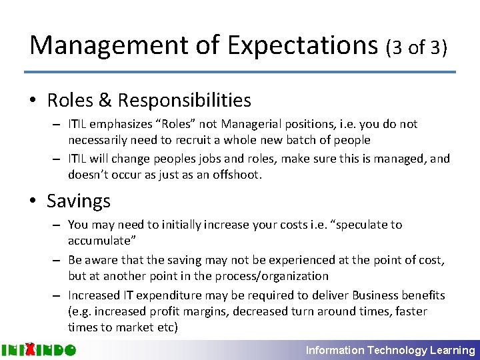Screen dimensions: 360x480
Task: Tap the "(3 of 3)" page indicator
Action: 417,47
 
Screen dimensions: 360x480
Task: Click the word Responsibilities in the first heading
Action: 185,101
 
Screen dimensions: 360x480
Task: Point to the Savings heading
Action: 79,201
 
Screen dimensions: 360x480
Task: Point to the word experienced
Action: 288,260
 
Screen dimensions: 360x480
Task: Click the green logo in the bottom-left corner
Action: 38,350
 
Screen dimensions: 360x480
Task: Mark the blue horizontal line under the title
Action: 240,72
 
